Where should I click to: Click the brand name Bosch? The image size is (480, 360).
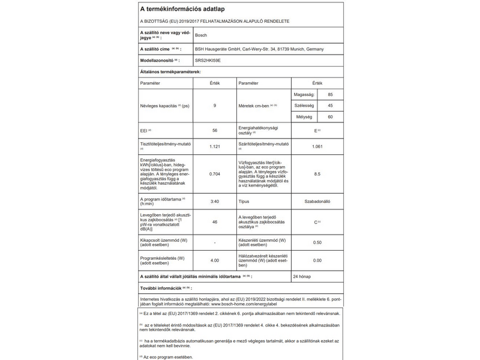coord(202,35)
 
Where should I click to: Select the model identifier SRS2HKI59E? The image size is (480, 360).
coord(208,61)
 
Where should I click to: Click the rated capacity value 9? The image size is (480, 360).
coord(214,106)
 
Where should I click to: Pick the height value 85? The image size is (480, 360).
coord(330,95)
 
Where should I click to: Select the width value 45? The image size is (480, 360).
coord(330,106)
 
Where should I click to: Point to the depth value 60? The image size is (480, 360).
coord(330,116)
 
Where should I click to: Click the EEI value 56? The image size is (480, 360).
coord(214,131)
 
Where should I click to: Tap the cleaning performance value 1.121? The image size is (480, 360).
coord(214,146)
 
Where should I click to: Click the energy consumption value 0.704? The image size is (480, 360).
coord(214,174)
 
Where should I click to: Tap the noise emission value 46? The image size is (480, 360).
coord(214,222)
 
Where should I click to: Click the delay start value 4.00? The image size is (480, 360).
coord(214,260)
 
